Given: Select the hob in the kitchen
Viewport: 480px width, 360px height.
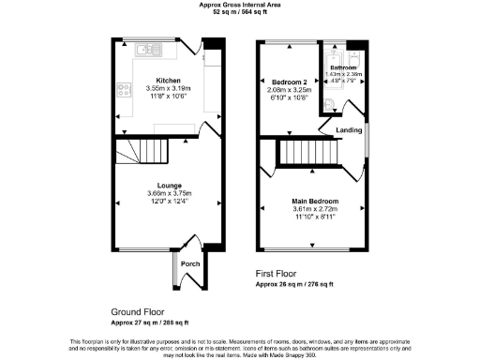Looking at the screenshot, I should (122, 91).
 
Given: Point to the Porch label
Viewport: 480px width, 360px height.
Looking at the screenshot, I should (189, 263).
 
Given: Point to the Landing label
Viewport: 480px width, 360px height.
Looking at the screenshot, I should (351, 129).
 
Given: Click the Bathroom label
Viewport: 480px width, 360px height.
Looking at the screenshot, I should (342, 67).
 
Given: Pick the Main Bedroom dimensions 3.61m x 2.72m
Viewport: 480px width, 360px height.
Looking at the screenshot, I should (314, 209).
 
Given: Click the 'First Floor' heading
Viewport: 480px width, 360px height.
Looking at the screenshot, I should (277, 274).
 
